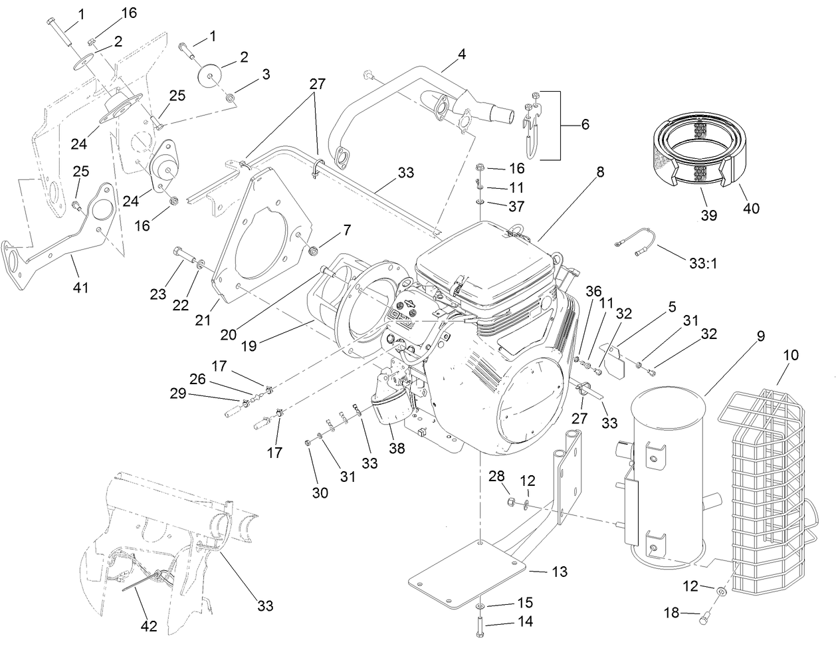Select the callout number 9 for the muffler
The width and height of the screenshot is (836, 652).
(x=760, y=337)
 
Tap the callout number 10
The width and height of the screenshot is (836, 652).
(x=790, y=356)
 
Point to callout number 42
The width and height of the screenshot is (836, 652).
(x=149, y=626)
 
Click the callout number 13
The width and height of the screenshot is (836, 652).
(x=560, y=572)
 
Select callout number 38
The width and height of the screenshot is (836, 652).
(x=397, y=449)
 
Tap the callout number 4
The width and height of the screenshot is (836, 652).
(x=461, y=54)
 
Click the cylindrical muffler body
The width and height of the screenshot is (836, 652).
(x=668, y=479)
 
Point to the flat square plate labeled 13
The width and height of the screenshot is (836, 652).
(x=465, y=575)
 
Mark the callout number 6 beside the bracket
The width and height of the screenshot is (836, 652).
(x=585, y=124)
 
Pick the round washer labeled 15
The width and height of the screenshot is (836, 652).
(x=480, y=607)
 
